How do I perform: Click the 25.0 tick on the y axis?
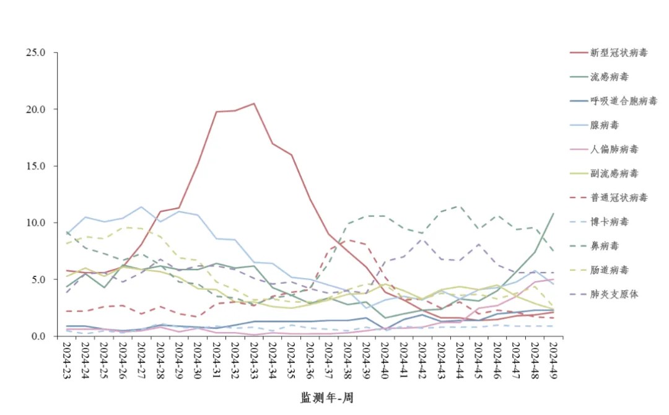[36, 53]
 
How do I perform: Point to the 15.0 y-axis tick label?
[36, 166]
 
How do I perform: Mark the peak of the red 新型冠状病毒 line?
[254, 103]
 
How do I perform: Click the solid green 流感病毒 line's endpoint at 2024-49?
[553, 214]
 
